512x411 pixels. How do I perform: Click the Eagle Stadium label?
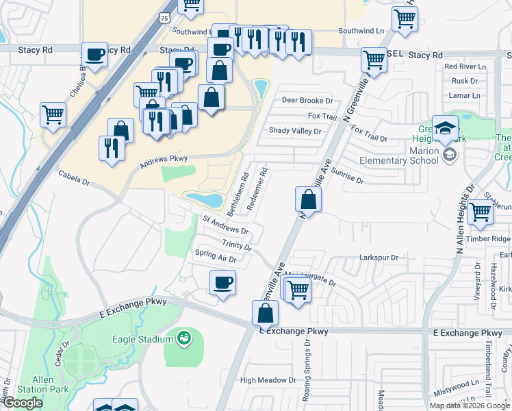[142, 339]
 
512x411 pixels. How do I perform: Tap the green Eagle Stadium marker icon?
[183, 338]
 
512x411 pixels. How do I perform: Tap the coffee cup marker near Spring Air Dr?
[222, 282]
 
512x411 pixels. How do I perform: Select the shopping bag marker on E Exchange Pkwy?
[265, 313]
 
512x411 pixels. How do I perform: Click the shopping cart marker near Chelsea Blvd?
[53, 114]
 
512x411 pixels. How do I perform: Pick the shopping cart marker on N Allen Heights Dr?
[481, 212]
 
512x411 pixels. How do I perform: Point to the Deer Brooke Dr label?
[307, 100]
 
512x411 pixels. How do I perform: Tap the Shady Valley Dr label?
[295, 130]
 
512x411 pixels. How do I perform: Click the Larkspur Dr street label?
[379, 258]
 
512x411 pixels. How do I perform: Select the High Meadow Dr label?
[268, 380]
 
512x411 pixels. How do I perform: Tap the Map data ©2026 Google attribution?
[469, 406]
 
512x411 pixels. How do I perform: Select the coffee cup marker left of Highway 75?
[95, 53]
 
